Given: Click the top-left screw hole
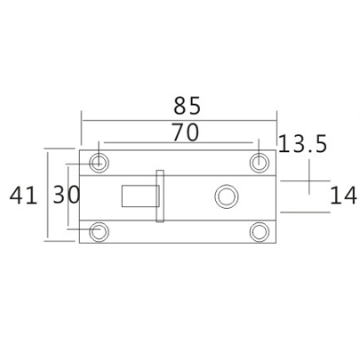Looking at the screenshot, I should (x=99, y=162).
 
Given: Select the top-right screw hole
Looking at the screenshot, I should (x=259, y=162).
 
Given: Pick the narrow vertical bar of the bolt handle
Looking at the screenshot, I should (x=160, y=196).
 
